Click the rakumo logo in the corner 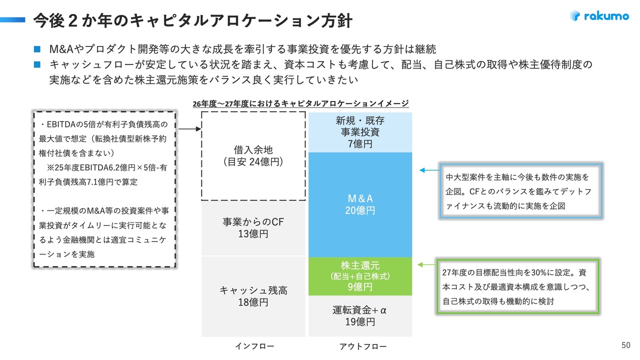pos(599,16)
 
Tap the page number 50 pos(625,345)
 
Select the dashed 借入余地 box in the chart pos(253,155)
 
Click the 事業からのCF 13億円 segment pos(253,228)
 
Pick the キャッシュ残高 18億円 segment pos(253,296)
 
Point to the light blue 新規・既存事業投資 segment pos(360,132)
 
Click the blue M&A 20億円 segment pos(360,204)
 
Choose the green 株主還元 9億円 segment pos(360,276)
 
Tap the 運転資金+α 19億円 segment pos(360,316)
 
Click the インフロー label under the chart pos(254,346)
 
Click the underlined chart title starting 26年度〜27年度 pos(301,103)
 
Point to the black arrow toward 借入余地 pos(189,129)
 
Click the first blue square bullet pos(36,49)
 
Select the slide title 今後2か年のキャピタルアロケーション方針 pos(193,20)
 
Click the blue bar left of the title pos(12,19)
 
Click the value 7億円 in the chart pos(360,144)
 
